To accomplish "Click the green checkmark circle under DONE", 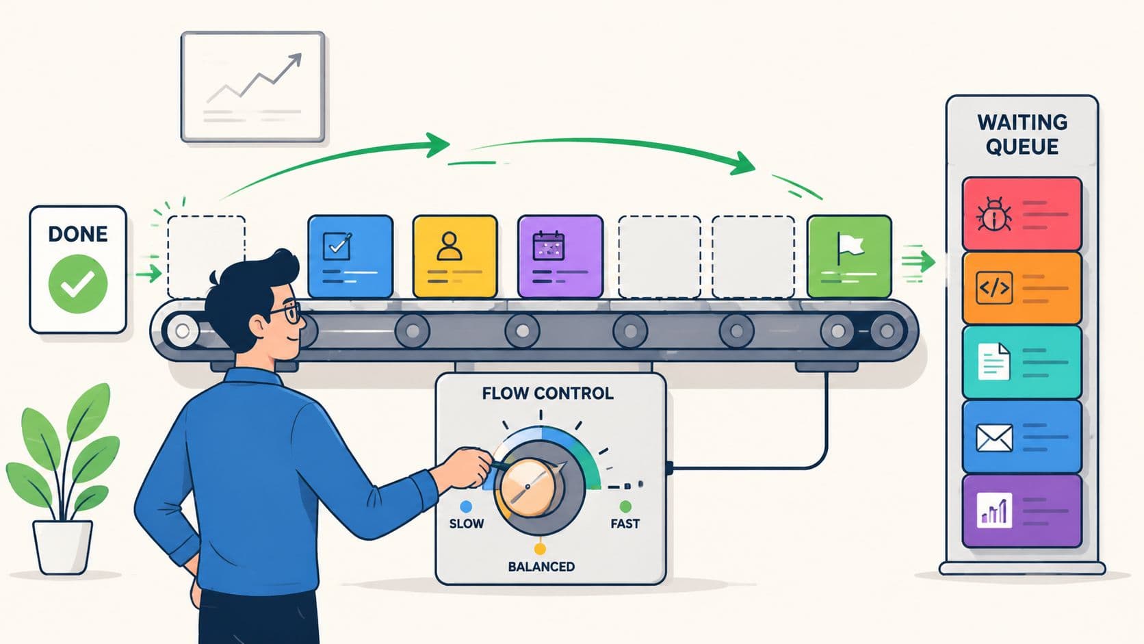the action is pyautogui.click(x=77, y=284).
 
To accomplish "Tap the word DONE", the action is pyautogui.click(x=77, y=235).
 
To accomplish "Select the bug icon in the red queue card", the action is pyautogui.click(x=994, y=214).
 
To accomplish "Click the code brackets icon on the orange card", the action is pyautogui.click(x=994, y=288).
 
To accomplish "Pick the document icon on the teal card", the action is pyautogui.click(x=993, y=361).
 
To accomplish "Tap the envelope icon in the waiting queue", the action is pyautogui.click(x=994, y=438).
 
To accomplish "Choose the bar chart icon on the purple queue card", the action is pyautogui.click(x=994, y=510).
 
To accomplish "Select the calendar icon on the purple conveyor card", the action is pyautogui.click(x=549, y=245).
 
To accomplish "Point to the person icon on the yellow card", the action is pyautogui.click(x=450, y=246).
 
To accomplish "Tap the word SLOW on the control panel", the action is pyautogui.click(x=466, y=524).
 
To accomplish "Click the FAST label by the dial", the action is pyautogui.click(x=625, y=524).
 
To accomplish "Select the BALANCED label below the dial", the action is pyautogui.click(x=541, y=567).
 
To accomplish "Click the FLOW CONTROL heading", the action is pyautogui.click(x=547, y=394).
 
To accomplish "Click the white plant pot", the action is pyautogui.click(x=62, y=546).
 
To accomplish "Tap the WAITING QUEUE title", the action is pyautogui.click(x=1022, y=134).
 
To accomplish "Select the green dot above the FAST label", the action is pyautogui.click(x=625, y=506).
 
